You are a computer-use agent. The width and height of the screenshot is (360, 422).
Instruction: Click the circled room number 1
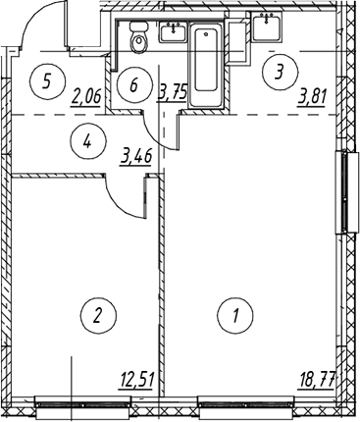click(235, 315)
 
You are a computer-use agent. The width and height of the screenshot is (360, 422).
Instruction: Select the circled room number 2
click(98, 315)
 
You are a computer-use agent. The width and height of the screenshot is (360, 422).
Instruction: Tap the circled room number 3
click(281, 72)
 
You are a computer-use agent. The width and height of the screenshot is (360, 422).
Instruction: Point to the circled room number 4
click(88, 141)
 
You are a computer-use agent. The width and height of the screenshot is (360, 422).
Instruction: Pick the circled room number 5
click(47, 80)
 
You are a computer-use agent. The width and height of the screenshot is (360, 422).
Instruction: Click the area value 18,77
click(317, 381)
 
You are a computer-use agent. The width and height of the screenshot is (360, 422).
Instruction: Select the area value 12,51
click(135, 381)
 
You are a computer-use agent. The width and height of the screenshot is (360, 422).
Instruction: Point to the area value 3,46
click(136, 157)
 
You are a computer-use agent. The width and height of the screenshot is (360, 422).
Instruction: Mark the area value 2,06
click(86, 97)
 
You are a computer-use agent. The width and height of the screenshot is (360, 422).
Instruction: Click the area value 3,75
click(173, 92)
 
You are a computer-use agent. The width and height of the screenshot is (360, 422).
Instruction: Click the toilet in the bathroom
click(139, 36)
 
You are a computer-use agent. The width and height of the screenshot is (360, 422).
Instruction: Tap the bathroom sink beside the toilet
click(173, 32)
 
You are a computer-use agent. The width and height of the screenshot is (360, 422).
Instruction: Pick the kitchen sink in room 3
click(267, 26)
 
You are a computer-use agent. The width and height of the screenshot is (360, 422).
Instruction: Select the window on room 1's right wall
click(345, 191)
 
